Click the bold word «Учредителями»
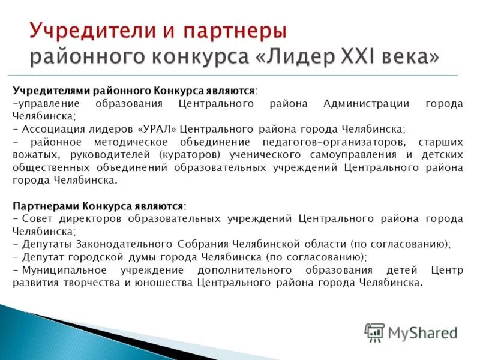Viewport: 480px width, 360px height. coord(52,91)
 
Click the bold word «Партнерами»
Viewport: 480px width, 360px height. coord(46,206)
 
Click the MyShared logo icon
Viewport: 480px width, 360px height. coord(374,332)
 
